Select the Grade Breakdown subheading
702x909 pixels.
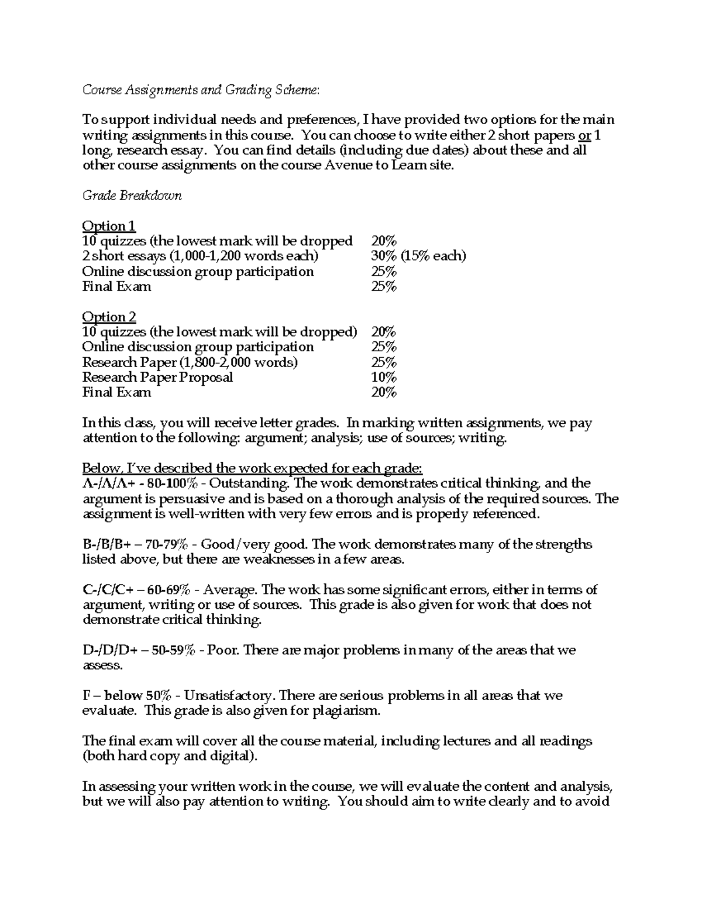click(x=132, y=195)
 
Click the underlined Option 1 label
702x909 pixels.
click(x=109, y=226)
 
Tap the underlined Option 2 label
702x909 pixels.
click(x=109, y=317)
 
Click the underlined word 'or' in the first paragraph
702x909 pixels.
click(x=584, y=135)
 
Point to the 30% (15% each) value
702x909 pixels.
click(x=418, y=256)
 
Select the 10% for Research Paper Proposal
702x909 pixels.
click(x=384, y=378)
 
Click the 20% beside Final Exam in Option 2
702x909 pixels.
click(x=384, y=393)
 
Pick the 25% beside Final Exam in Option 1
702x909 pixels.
click(x=384, y=287)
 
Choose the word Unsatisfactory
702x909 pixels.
click(x=230, y=696)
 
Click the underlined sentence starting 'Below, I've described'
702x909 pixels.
click(x=252, y=468)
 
